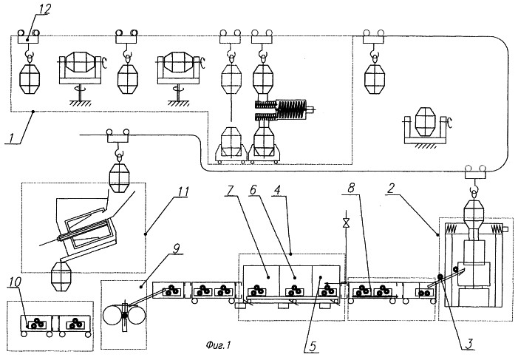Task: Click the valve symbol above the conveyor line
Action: pyautogui.click(x=344, y=222)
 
